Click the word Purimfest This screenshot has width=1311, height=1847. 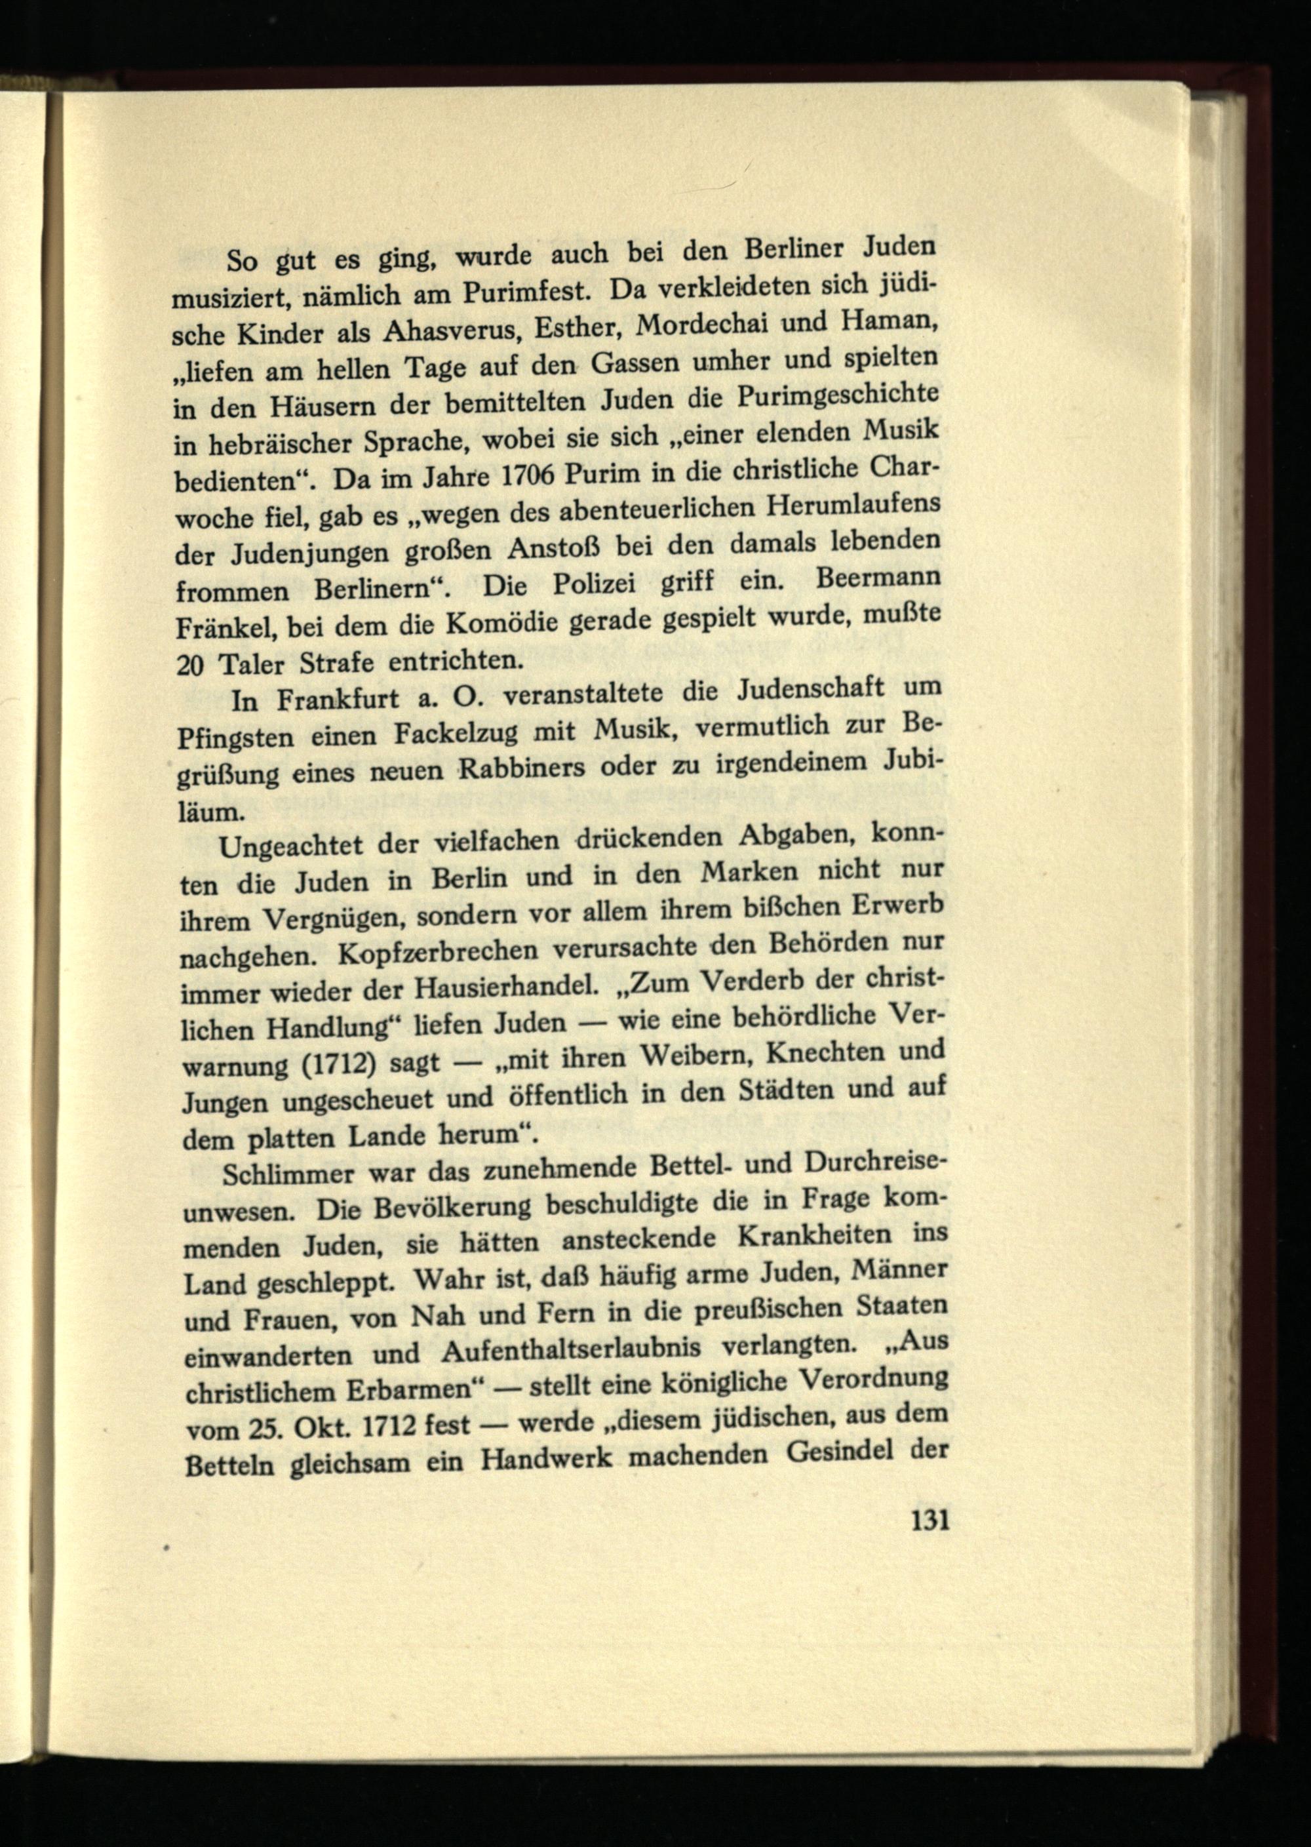526,290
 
